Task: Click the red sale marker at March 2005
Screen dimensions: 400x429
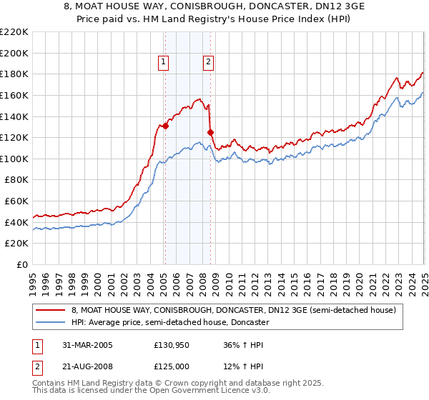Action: click(x=165, y=126)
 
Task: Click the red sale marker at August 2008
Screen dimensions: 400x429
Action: click(x=210, y=132)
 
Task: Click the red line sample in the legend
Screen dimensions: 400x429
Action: click(x=51, y=310)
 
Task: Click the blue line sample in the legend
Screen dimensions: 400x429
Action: click(x=51, y=323)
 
